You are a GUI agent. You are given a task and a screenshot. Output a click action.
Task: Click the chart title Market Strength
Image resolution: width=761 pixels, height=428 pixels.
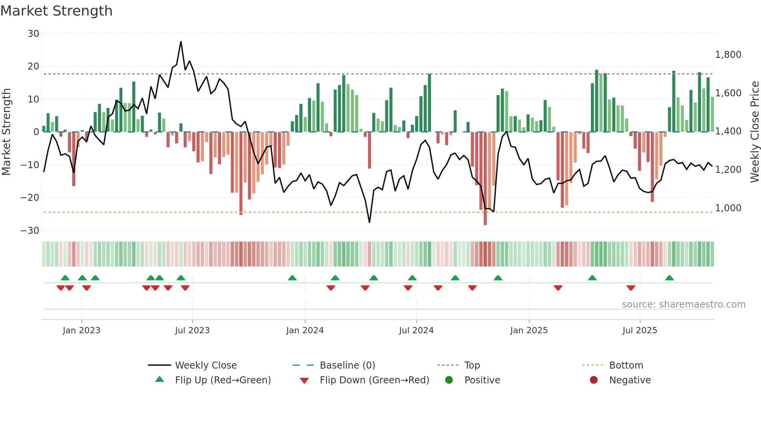click(56, 11)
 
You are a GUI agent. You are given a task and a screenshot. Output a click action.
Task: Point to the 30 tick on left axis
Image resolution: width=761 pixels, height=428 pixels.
click(33, 34)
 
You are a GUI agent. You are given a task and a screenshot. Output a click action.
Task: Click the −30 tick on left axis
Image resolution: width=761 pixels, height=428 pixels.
click(30, 231)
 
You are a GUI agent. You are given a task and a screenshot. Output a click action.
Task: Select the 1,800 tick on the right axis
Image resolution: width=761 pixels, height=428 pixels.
click(728, 55)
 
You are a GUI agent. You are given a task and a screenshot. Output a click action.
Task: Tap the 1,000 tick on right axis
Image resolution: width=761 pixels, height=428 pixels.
click(728, 208)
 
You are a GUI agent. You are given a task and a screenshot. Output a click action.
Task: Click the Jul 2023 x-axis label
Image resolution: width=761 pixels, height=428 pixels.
click(192, 331)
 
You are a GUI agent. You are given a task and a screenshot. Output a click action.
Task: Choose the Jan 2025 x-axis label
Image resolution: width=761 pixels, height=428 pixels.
click(529, 331)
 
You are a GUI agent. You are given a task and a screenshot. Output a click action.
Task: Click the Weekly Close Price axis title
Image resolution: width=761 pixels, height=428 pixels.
click(754, 132)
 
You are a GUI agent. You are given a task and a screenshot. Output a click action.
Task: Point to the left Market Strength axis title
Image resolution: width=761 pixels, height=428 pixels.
click(7, 132)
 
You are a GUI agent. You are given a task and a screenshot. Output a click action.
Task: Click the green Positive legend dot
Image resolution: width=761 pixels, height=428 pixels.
click(449, 380)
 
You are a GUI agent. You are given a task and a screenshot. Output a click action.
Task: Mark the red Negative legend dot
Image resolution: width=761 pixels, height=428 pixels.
click(594, 380)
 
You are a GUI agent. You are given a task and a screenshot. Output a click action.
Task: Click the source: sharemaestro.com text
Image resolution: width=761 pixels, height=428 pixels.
click(683, 304)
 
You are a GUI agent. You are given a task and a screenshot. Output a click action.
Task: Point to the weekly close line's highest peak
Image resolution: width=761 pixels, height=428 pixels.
click(181, 42)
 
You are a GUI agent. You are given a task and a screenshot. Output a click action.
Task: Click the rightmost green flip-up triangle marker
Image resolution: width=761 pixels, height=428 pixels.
click(669, 278)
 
